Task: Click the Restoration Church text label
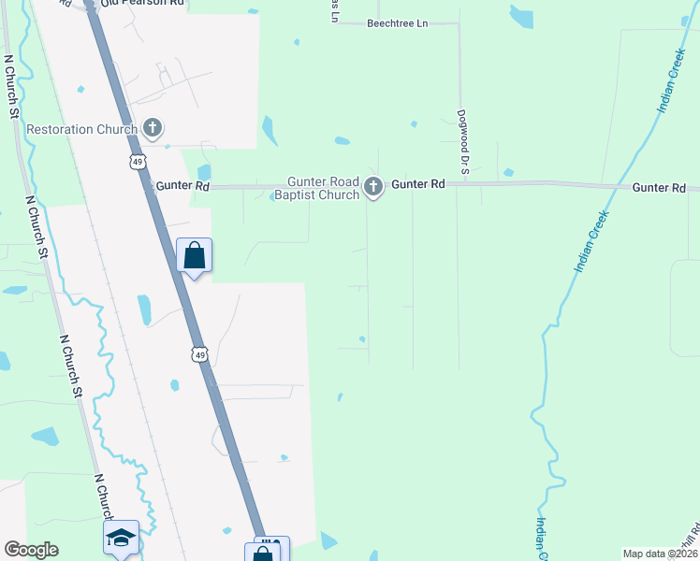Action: (x=82, y=129)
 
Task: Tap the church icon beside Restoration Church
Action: (x=153, y=129)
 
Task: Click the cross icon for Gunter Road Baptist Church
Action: (x=373, y=188)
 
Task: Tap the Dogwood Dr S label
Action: (x=462, y=145)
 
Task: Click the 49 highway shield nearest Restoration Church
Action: (x=137, y=162)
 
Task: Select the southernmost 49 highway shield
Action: (x=198, y=354)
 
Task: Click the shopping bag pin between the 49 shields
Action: (x=195, y=254)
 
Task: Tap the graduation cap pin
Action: (x=121, y=538)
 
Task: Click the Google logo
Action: (x=31, y=550)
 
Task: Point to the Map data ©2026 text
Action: (x=658, y=554)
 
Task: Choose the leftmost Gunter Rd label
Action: (x=182, y=187)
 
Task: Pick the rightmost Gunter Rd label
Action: (x=659, y=188)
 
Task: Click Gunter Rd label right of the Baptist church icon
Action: (x=417, y=185)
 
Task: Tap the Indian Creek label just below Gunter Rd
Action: (x=591, y=240)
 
